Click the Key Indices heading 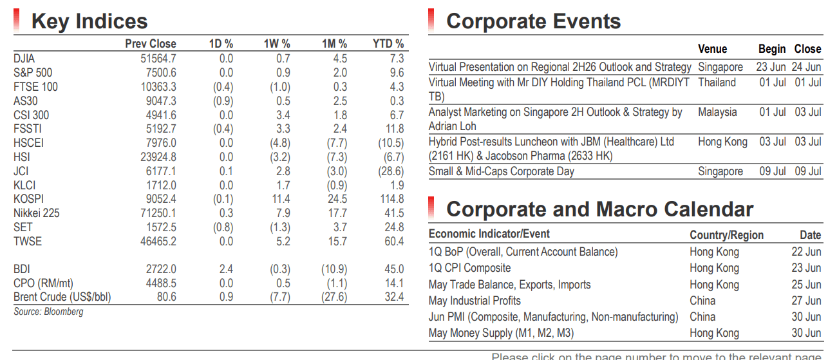coord(89,21)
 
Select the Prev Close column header coord(151,44)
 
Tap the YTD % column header coord(388,44)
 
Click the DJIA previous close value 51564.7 coord(158,59)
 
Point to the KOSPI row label coord(28,199)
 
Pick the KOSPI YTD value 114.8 coord(392,199)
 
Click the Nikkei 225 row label coord(36,213)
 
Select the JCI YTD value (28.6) coord(391,171)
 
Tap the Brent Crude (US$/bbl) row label coord(62,297)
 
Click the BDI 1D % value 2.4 coord(226,269)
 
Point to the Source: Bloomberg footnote coord(48,312)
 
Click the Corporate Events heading coord(533,21)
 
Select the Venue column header coord(712,49)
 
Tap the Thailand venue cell coord(717,82)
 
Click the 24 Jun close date coord(806,67)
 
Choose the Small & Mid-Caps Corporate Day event coord(501,171)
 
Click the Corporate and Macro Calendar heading coord(599,209)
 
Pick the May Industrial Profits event coord(475,301)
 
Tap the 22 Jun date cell coord(806,252)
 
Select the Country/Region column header coord(726,234)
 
